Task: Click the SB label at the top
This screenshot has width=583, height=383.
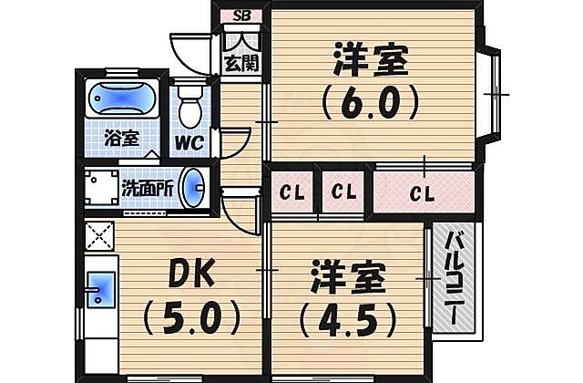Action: click(x=242, y=16)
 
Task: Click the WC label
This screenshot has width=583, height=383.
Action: click(x=189, y=142)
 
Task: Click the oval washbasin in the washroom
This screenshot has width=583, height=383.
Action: click(x=193, y=189)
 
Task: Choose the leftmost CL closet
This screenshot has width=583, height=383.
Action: click(x=291, y=192)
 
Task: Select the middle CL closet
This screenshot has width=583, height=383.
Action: click(x=343, y=192)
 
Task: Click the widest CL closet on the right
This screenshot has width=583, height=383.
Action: click(x=423, y=192)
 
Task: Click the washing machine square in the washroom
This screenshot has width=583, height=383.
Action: click(x=99, y=189)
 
